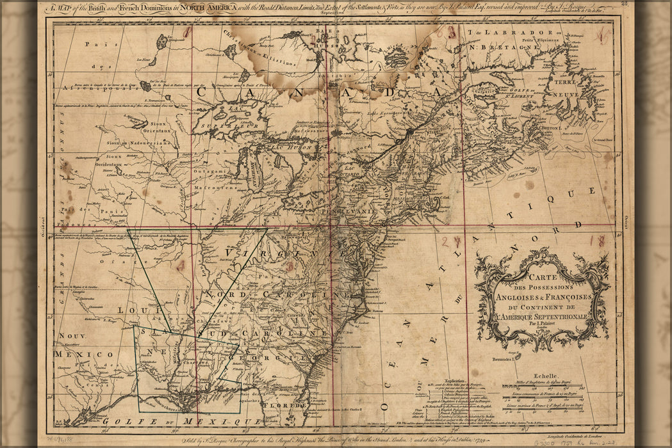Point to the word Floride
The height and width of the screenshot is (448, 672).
point(291,406)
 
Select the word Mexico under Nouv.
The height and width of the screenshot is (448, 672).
point(74,354)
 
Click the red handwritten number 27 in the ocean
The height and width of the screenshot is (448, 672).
point(451,242)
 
